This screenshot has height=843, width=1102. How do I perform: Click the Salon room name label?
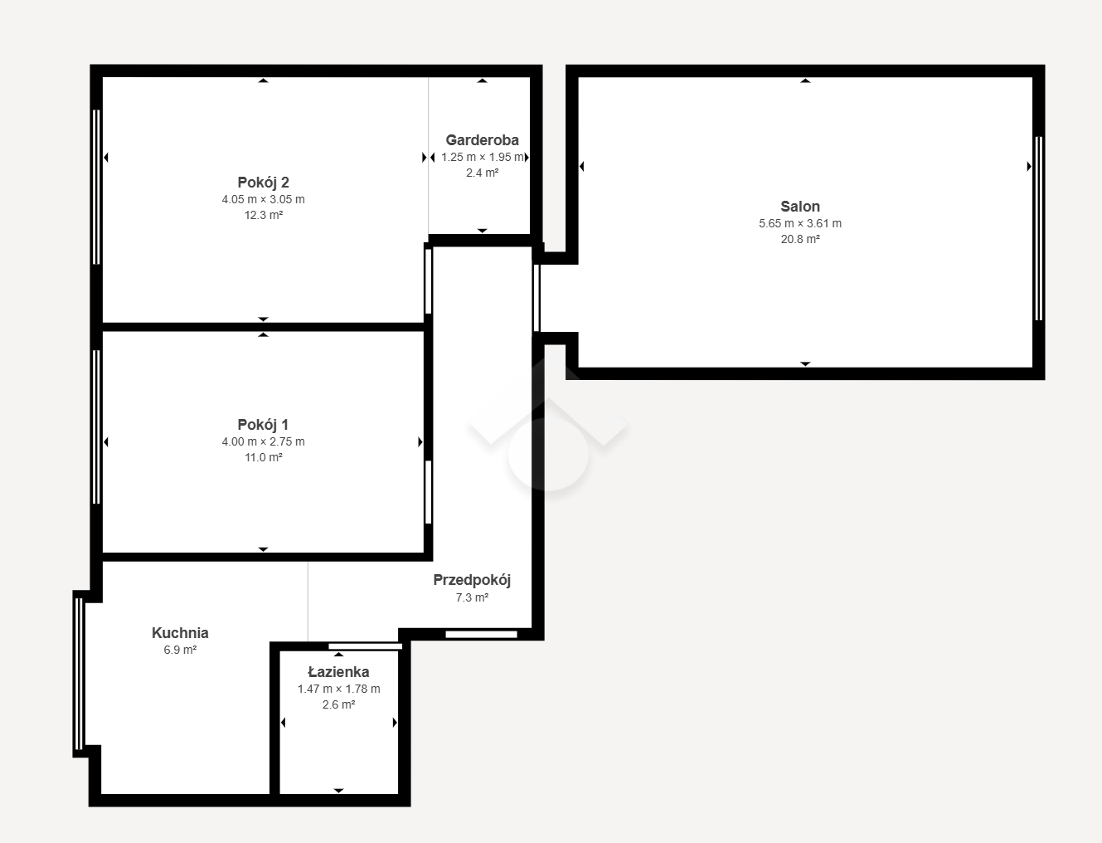tap(800, 207)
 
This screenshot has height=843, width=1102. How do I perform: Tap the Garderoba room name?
tap(482, 140)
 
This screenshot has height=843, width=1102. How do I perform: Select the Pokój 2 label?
tap(263, 183)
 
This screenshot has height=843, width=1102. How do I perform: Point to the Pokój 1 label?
tap(263, 425)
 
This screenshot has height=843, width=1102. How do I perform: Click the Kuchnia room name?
tap(180, 633)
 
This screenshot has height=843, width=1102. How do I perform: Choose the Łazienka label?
tap(338, 672)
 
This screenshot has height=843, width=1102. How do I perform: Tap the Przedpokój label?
tap(472, 580)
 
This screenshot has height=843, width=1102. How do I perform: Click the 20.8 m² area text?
tap(800, 239)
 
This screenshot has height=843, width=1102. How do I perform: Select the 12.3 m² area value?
tap(263, 215)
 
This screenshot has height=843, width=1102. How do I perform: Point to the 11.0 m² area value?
tap(263, 458)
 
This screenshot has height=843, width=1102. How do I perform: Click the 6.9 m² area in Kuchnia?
tap(180, 650)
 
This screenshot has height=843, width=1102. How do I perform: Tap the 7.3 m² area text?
tap(472, 598)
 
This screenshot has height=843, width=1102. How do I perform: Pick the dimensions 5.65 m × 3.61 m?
tap(800, 223)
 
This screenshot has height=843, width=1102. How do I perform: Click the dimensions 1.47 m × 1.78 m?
tap(338, 690)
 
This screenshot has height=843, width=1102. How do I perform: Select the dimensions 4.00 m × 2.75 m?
tap(263, 442)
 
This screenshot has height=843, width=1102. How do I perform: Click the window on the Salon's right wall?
tap(1039, 228)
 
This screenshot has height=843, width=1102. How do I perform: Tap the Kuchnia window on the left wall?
tap(79, 674)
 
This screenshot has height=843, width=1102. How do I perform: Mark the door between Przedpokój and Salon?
tap(536, 298)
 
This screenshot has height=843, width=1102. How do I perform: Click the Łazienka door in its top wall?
tap(366, 646)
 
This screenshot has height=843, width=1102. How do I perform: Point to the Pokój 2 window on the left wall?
tap(96, 187)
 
